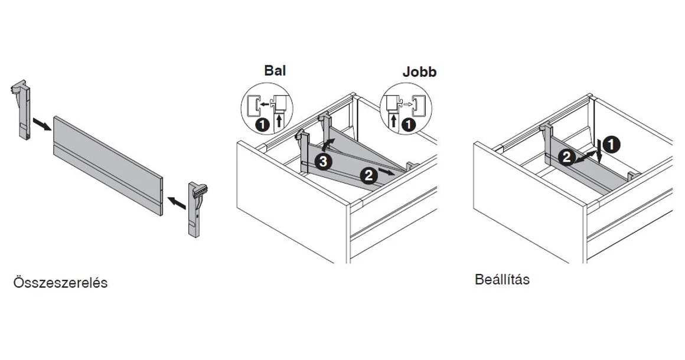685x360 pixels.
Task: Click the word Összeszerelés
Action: click(60, 283)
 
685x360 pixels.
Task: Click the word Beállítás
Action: click(502, 279)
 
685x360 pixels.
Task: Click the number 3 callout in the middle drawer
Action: click(322, 161)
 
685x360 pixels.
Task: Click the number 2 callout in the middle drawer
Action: click(368, 175)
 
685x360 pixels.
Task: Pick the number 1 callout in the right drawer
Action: click(612, 143)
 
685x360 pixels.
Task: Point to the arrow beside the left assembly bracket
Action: click(41, 125)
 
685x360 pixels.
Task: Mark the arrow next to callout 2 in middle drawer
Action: click(386, 171)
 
